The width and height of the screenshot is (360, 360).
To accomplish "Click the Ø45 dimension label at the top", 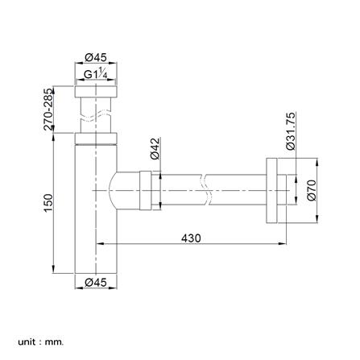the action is tap(96, 57).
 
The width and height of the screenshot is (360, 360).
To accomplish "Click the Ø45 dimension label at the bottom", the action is tap(96, 282).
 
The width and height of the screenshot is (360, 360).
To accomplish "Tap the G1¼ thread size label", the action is tap(96, 73).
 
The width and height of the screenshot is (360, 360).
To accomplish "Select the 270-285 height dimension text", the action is tap(48, 110).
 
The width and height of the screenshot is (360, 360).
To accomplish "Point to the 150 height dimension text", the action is tap(48, 203).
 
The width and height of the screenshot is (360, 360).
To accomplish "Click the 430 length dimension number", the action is tap(191, 238).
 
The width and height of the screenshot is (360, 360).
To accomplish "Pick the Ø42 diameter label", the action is tap(155, 149).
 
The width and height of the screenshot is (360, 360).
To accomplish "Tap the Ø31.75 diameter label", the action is tap(291, 131).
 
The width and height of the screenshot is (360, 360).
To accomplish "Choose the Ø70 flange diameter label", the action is tap(312, 190).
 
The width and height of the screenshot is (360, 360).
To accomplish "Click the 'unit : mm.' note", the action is tap(41, 335).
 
